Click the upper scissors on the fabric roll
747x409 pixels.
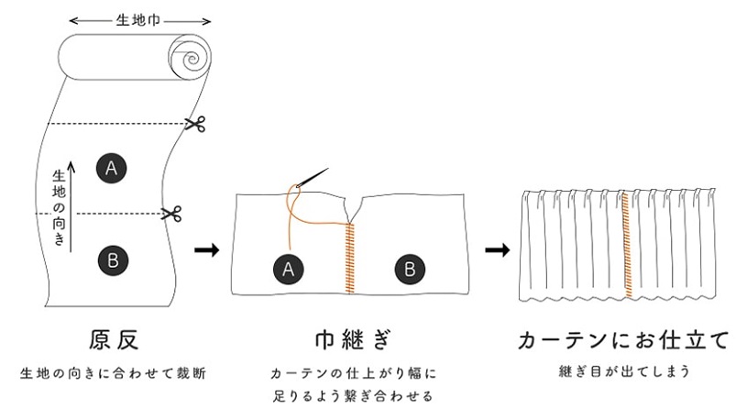(193, 124)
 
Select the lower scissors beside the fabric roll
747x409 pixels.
(171, 214)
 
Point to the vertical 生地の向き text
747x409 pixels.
(60, 207)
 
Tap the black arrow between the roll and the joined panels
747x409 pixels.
(208, 249)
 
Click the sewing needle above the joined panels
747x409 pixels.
(312, 181)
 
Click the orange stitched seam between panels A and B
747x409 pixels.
(348, 257)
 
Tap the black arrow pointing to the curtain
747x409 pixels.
(496, 249)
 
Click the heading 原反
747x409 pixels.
(113, 339)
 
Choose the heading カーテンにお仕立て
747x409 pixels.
(623, 340)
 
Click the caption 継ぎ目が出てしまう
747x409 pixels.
(622, 373)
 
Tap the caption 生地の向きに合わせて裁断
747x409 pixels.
(113, 373)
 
